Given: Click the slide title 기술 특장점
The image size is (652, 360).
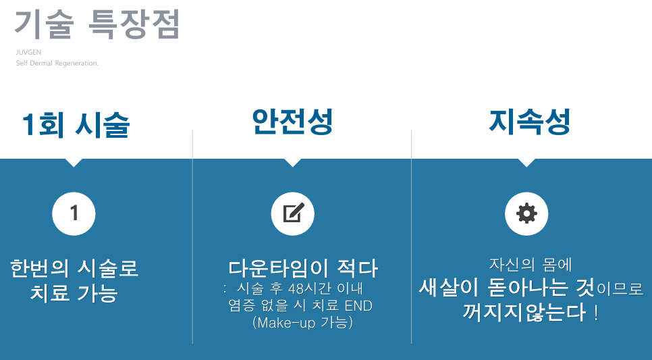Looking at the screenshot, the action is (x=97, y=26).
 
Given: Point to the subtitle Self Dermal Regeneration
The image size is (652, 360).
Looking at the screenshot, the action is (x=57, y=63).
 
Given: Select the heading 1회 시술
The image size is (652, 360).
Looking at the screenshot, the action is (x=76, y=125).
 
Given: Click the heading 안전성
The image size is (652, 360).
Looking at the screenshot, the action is (x=292, y=122).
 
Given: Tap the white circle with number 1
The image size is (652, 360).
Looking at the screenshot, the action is (x=74, y=214).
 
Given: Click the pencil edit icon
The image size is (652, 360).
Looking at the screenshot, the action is (x=292, y=214).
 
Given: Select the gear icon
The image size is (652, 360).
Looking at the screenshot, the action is (x=526, y=214).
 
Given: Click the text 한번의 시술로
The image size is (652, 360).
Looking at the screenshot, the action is (x=74, y=268).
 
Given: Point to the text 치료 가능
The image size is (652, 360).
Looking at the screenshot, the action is (x=74, y=294).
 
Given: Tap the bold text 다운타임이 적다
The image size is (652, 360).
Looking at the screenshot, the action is (x=303, y=268).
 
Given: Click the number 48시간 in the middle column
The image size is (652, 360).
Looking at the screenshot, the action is (x=298, y=289).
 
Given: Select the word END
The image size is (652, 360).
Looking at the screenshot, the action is (x=358, y=306).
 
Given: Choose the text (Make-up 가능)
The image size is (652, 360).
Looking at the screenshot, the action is (x=302, y=323).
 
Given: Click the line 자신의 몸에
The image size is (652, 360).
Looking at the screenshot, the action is (x=531, y=265).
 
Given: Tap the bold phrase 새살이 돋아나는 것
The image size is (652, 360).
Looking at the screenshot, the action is (x=506, y=288).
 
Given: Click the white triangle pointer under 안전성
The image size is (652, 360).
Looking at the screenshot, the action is (x=292, y=163).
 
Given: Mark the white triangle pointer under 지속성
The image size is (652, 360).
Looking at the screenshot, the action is (x=526, y=163).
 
